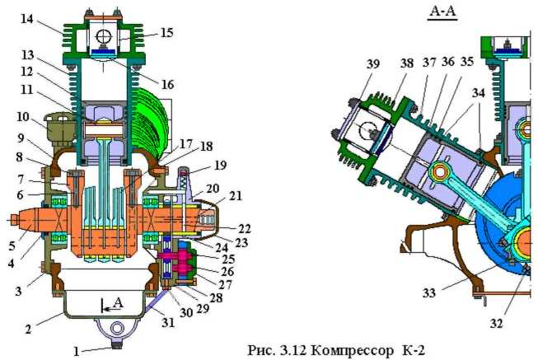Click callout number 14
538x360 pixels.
coord(27,19)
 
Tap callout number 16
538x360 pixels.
coord(167,84)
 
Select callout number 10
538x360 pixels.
coord(22,117)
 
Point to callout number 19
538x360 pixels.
coord(220,165)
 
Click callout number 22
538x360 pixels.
coord(245,228)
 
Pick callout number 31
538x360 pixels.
coord(168,322)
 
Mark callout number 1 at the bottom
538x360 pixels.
coord(77,351)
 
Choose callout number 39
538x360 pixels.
coord(373,64)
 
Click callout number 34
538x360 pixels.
coord(479,92)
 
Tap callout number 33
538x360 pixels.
coord(429,292)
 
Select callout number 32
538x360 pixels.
coord(496,323)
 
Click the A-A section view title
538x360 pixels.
coord(442,12)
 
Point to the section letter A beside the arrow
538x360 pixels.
coord(118,302)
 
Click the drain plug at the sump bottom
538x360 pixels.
coord(118,345)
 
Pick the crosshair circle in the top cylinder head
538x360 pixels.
coord(103,35)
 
